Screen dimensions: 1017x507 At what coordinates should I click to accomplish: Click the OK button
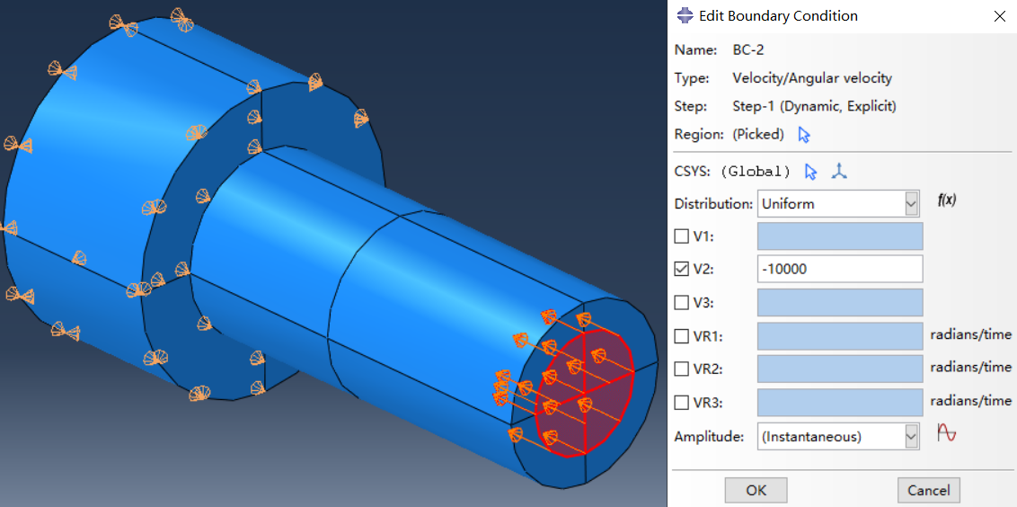(x=756, y=490)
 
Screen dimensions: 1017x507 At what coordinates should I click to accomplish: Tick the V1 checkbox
(x=681, y=236)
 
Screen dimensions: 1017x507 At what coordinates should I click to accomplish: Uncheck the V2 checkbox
(x=681, y=269)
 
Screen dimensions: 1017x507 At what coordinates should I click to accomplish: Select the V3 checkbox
(x=681, y=303)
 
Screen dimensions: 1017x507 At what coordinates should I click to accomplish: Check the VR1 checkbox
(x=681, y=336)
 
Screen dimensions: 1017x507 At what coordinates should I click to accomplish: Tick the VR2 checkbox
(x=681, y=369)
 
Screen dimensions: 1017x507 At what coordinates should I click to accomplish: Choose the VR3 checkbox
(x=681, y=403)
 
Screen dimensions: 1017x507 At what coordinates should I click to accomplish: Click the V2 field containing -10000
(x=840, y=269)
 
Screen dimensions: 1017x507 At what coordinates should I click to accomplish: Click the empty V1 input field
(x=840, y=236)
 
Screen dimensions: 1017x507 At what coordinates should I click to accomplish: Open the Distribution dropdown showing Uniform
(x=838, y=204)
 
